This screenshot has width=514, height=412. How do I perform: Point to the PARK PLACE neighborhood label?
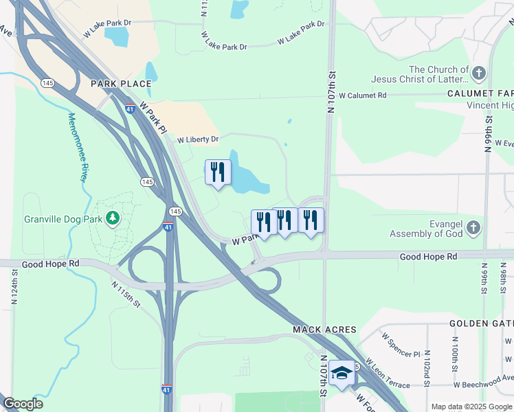coord(121,84)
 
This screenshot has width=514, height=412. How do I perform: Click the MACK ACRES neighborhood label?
coord(317,330)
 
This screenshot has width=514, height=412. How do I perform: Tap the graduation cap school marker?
coord(342,373)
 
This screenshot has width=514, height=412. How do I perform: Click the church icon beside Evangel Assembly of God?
coord(473,228)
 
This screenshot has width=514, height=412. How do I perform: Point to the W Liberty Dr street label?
coord(198,139)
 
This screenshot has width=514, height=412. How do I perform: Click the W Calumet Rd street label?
coord(363,95)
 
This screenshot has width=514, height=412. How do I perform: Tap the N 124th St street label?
coord(14,287)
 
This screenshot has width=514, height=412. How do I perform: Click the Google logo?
coord(23,404)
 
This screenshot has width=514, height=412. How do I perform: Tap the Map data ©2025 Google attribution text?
coord(471,407)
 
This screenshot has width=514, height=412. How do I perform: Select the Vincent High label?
coord(489,106)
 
